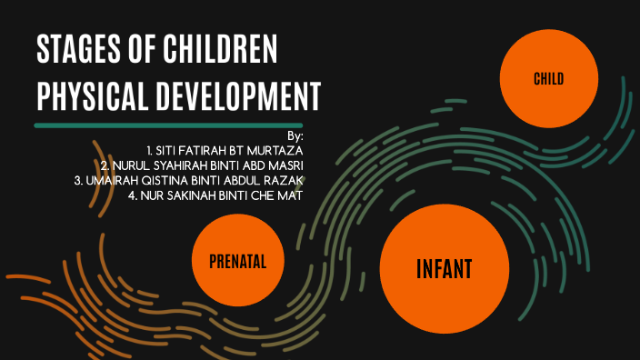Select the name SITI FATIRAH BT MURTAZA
click(225, 149)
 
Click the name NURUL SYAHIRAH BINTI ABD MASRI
click(202, 165)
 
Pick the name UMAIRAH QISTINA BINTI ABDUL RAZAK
click(188, 180)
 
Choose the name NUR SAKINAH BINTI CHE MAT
click(215, 195)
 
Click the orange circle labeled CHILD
click(548, 80)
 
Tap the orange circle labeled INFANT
click(444, 270)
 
